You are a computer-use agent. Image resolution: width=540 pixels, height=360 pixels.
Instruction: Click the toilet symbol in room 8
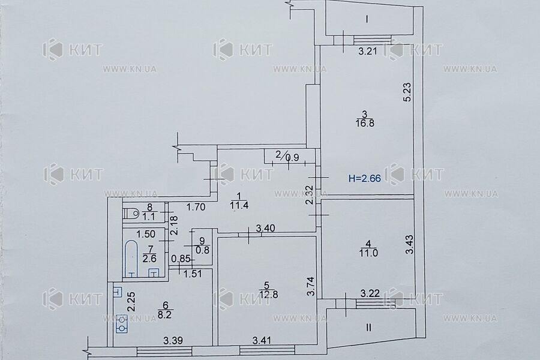(131, 212)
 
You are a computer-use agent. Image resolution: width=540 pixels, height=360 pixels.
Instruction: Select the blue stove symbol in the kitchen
(122, 324)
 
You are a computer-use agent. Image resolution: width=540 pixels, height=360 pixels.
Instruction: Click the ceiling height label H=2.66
(365, 178)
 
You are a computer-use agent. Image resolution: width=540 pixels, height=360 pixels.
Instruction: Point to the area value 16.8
(365, 124)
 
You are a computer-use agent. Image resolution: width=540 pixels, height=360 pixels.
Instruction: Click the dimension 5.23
(407, 92)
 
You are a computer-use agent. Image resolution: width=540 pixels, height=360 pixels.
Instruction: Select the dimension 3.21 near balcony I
(368, 52)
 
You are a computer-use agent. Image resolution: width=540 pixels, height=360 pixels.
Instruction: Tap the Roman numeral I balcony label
(367, 19)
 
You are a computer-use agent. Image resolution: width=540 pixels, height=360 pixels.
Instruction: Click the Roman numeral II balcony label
(368, 327)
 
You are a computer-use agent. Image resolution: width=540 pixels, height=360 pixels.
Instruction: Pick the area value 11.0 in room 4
(368, 253)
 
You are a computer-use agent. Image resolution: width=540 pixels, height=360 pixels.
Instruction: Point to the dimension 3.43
(409, 244)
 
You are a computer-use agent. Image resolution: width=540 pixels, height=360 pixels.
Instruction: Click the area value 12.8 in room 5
(269, 295)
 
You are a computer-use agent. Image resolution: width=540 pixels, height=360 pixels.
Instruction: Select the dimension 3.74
(311, 287)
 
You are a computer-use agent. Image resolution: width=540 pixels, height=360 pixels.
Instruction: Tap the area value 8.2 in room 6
(164, 314)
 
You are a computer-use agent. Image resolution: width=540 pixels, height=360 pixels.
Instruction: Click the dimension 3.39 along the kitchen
(173, 341)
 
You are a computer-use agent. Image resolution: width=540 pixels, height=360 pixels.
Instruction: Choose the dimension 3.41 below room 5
(262, 341)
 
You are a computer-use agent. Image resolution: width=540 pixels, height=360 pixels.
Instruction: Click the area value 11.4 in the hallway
(239, 206)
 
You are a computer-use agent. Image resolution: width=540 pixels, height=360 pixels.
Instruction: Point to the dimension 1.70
(196, 207)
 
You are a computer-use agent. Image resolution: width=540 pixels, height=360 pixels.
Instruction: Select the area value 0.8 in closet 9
(203, 250)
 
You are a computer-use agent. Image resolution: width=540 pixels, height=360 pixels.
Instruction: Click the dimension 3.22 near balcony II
(370, 293)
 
